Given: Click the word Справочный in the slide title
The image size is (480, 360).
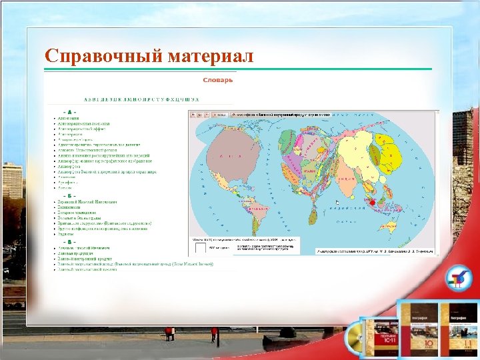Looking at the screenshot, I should tap(96, 56).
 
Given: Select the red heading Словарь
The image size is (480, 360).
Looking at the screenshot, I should tap(218, 80).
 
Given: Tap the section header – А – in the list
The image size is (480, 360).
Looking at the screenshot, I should tap(69, 111).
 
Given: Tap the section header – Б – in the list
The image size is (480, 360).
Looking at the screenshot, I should tap(69, 195).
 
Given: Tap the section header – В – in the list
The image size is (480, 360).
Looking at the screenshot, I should tap(69, 243).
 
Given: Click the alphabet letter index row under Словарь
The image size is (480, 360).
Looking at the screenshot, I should tap(127, 99).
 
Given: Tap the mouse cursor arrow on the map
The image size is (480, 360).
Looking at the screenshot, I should tap(337, 201).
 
